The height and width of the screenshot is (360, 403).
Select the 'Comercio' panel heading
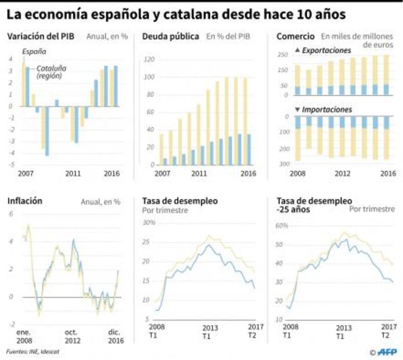[296, 37]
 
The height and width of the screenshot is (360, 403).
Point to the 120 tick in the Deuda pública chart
[148, 60]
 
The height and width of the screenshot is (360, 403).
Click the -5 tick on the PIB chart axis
[12, 165]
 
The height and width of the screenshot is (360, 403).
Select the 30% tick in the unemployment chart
[149, 223]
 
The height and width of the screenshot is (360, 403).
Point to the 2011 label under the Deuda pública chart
[199, 173]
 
